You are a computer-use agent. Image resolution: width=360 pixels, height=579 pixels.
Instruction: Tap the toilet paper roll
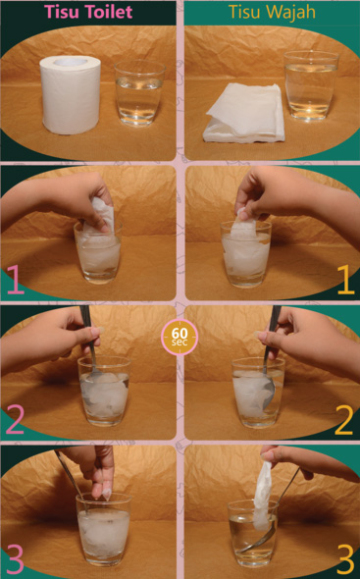click(71, 95)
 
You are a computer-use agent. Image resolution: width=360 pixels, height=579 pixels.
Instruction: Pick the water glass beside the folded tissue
click(311, 85)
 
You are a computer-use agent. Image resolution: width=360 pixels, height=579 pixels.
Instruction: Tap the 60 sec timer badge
click(180, 337)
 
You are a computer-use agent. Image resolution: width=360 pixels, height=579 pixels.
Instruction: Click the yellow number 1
click(345, 279)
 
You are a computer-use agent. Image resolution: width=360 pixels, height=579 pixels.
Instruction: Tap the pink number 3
click(15, 559)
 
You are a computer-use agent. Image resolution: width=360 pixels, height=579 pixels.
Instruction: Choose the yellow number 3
click(345, 559)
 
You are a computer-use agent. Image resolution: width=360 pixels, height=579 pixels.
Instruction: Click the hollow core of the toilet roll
click(72, 62)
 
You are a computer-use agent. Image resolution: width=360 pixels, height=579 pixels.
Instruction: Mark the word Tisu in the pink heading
click(57, 12)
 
